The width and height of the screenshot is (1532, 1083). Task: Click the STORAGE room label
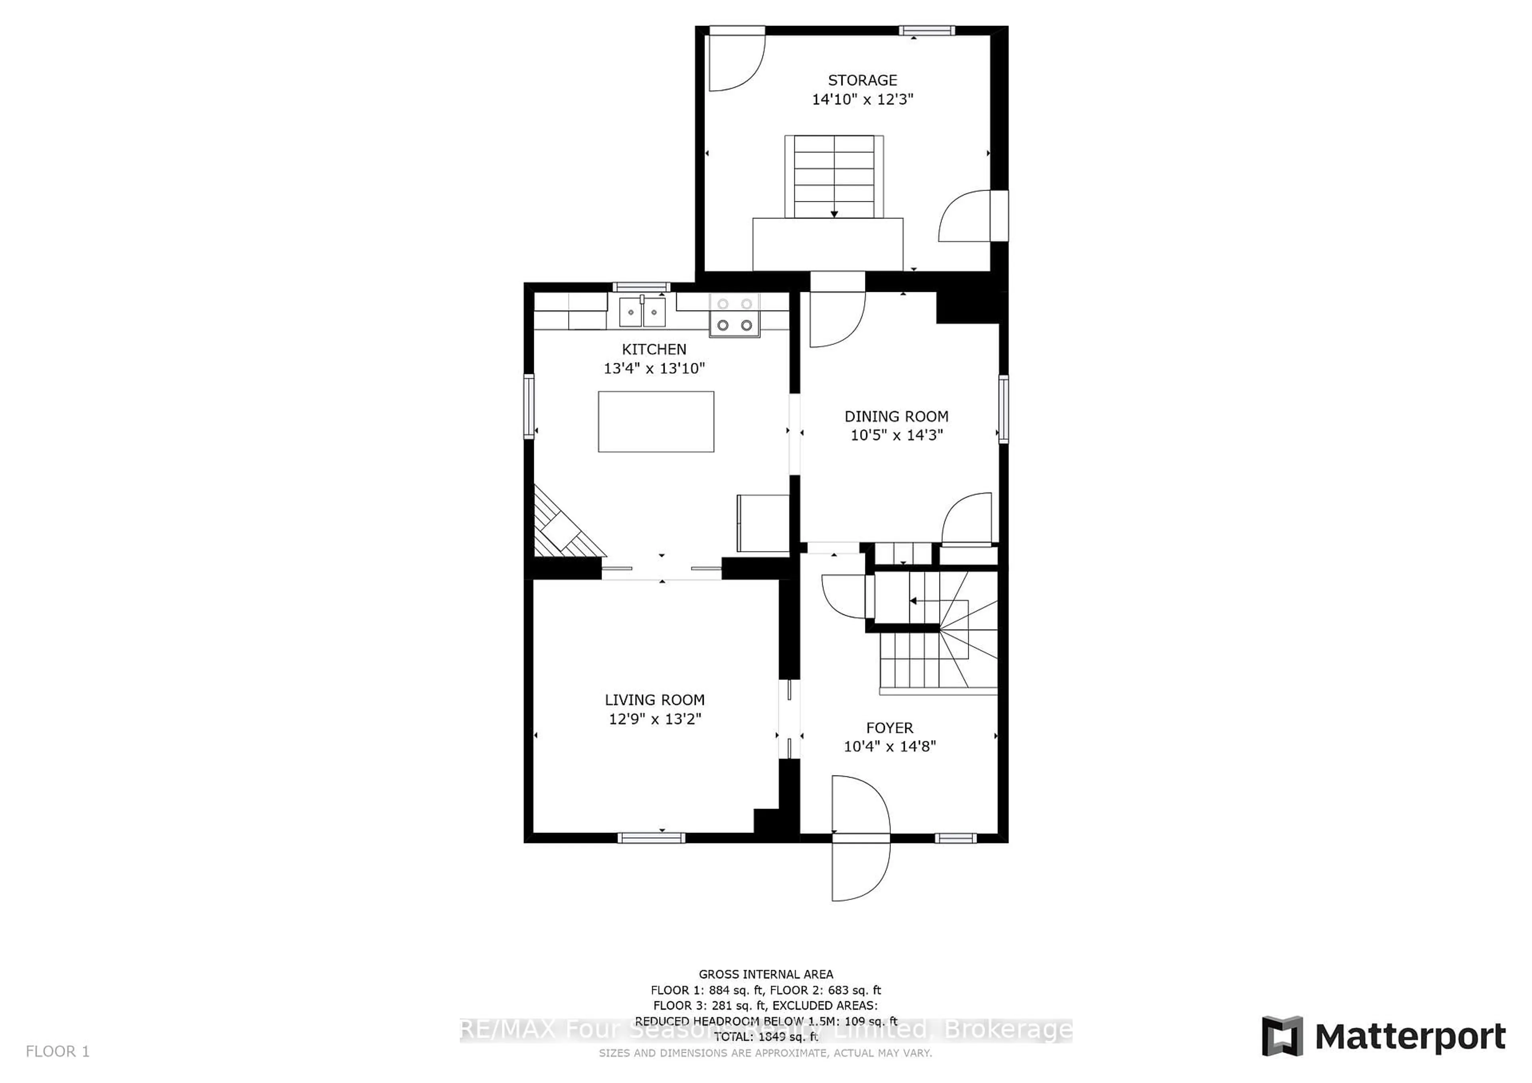pos(862,81)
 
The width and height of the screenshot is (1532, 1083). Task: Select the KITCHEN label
pos(654,349)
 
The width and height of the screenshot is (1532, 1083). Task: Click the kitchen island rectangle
pos(656,421)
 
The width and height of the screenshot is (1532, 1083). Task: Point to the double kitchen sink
pos(642,312)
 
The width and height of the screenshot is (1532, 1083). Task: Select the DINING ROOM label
pos(896,417)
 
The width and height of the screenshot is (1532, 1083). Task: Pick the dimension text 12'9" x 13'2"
pos(655,719)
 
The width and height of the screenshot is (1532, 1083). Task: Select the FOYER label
pos(889,728)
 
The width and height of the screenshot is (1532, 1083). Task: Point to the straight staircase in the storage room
pos(834,177)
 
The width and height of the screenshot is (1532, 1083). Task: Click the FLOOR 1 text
pos(57,1051)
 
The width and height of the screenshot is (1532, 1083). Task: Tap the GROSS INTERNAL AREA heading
pos(765,974)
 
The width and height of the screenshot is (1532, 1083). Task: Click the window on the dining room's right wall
pos(1003,409)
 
